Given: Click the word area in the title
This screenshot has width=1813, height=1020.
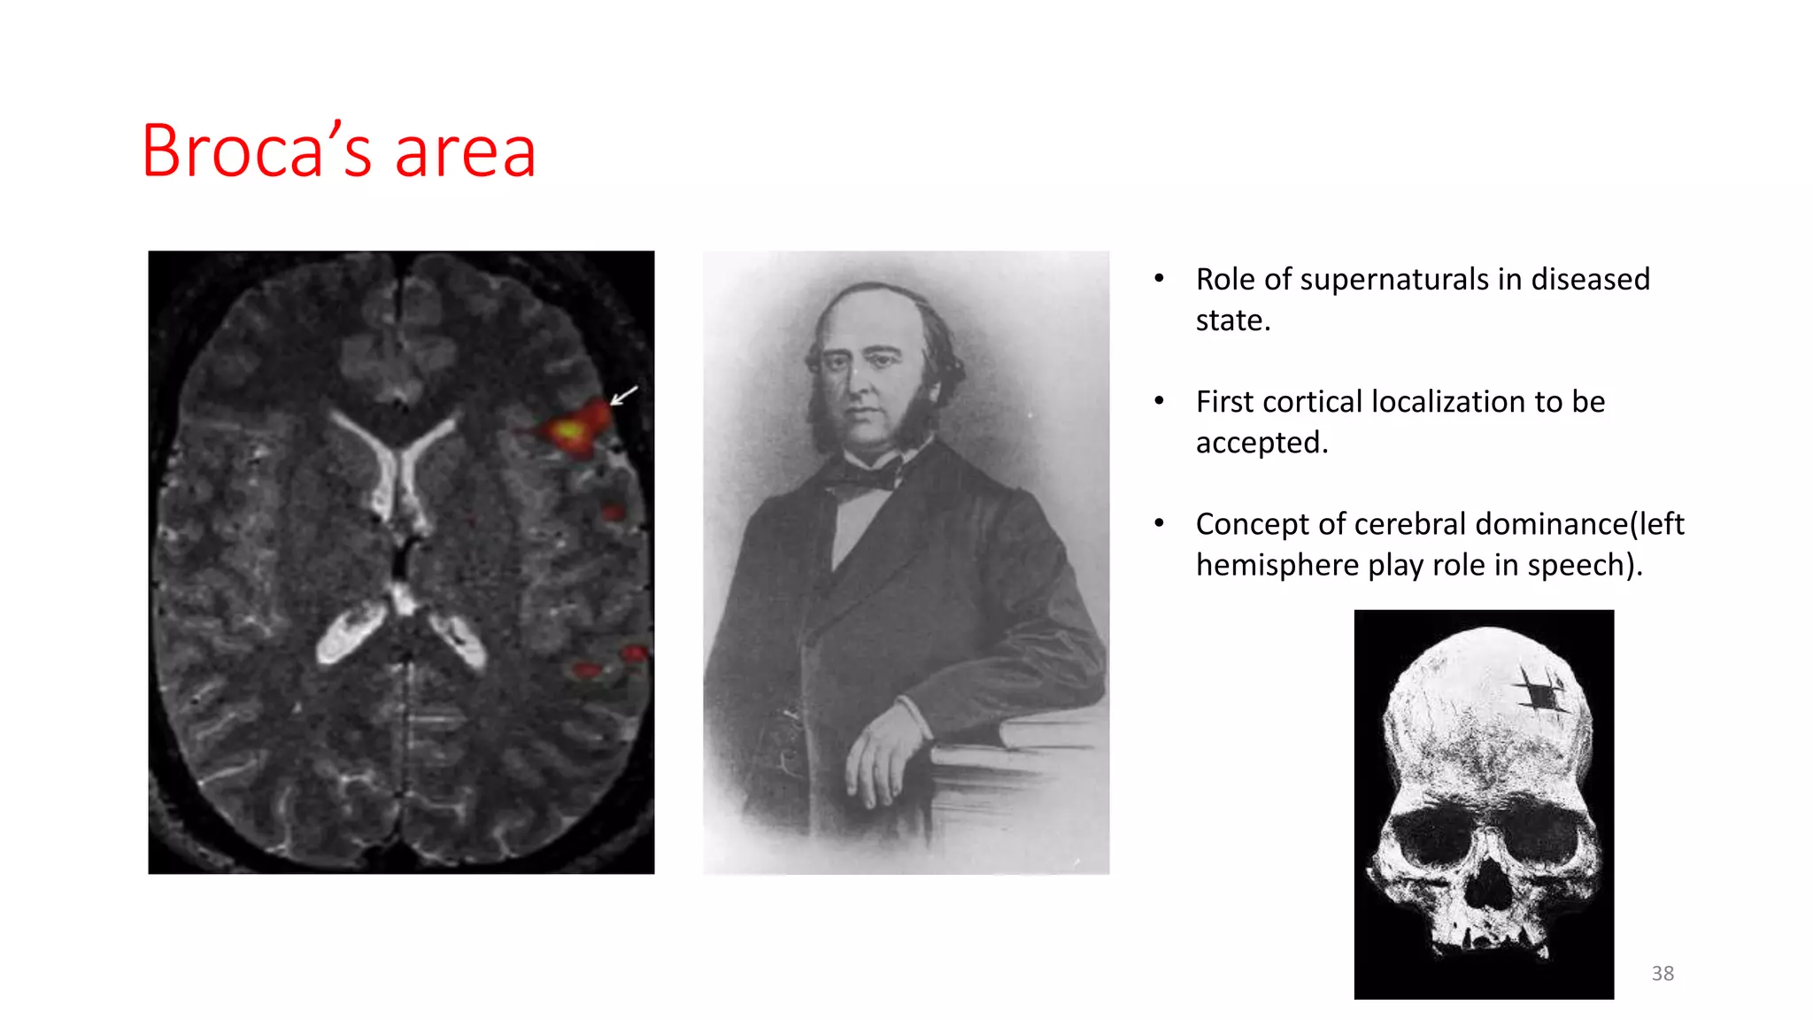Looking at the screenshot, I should [465, 152].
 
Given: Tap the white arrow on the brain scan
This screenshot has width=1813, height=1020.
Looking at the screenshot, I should [623, 395].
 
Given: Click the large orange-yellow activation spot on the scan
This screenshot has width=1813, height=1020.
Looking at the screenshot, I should [571, 431].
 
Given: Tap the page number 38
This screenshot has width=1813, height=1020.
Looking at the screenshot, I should [1663, 973].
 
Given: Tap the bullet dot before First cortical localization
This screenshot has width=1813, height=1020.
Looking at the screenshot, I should [1159, 401].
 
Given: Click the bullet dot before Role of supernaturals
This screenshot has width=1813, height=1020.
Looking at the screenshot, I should [1159, 279].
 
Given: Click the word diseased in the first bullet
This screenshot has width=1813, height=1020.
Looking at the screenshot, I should [1590, 279].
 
